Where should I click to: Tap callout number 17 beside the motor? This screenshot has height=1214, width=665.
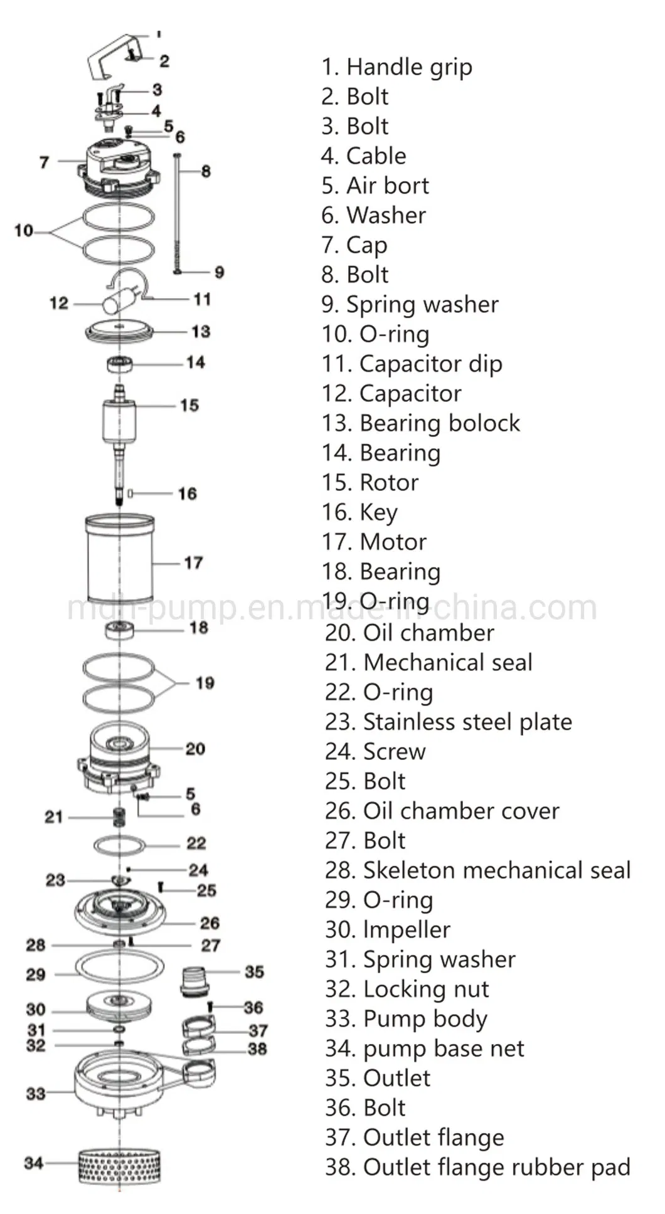coord(193,563)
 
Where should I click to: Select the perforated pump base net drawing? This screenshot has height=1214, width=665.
coord(119,1165)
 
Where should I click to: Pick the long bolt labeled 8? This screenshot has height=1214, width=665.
coord(178,213)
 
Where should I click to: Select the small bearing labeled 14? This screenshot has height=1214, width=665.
coord(119,364)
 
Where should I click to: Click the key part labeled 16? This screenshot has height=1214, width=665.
coord(130,494)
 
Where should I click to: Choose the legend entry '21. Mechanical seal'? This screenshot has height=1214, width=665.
coord(428,663)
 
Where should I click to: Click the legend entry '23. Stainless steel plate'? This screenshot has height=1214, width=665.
coord(448,722)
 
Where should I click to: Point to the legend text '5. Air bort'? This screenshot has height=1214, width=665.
coord(375,186)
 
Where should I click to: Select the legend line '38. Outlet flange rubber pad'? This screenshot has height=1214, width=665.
coord(477,1167)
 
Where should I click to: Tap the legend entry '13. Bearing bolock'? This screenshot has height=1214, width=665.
coord(420,423)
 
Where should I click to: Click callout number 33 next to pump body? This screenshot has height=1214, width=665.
coord(36,1094)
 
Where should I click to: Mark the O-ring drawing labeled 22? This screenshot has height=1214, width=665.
coord(120,845)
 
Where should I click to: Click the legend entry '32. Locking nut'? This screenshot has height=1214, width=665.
coord(407,989)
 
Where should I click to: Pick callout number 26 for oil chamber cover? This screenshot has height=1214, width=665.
coord(210,923)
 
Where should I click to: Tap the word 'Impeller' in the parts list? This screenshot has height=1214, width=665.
coord(407,930)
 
